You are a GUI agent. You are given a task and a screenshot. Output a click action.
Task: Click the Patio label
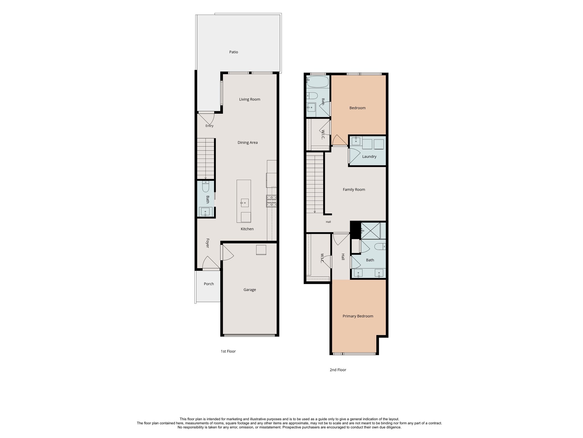coord(233,52)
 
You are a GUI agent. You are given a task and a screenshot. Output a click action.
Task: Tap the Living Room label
coord(250,100)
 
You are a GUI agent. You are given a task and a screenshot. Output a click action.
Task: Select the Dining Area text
coord(248,143)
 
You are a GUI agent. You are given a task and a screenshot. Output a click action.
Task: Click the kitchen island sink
coord(245,203)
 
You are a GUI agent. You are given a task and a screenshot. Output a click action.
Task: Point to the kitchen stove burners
coord(271,201)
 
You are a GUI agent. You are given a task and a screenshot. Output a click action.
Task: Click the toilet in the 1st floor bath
coord(206,186)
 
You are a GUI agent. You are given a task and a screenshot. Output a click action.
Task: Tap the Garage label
coord(250,290)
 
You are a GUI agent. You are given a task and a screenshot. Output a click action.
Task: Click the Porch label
coord(209,284)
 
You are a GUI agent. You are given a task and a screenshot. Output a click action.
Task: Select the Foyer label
coord(208,243)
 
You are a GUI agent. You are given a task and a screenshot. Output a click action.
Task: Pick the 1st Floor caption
coord(228,351)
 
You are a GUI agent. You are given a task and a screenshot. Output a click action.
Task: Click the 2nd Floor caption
coord(338,370)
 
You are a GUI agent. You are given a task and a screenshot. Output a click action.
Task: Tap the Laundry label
coord(369,157)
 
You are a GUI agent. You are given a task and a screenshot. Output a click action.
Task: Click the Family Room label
coord(354,190)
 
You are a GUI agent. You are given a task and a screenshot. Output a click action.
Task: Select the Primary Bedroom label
coord(358,316)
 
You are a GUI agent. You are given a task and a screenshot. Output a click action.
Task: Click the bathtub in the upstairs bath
coord(318,82)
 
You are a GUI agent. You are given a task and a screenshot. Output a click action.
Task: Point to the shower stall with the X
coord(371,231)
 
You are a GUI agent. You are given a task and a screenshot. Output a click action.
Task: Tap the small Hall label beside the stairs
coord(328,222)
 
